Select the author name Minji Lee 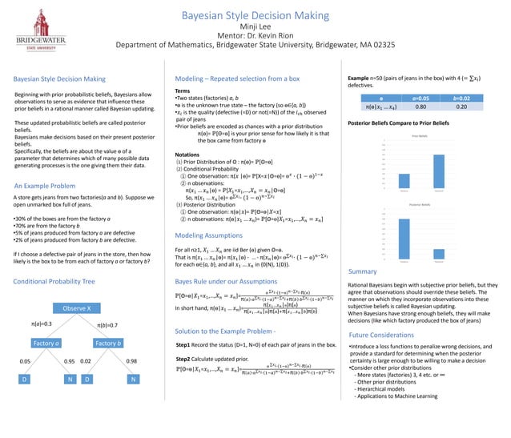coord(255,26)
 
